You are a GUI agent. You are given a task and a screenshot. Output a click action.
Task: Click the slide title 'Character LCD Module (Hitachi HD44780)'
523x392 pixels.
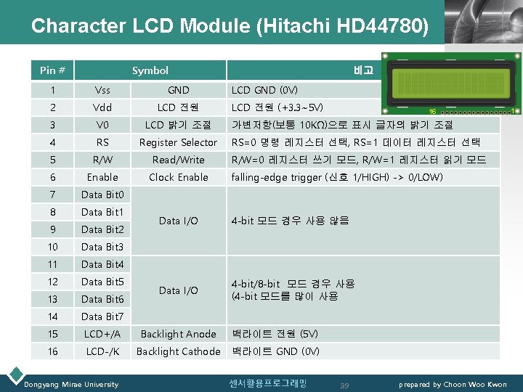(x=230, y=26)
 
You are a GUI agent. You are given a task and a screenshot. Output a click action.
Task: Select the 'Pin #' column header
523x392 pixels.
(x=52, y=70)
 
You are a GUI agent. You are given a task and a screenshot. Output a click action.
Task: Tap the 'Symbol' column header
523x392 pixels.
(x=150, y=70)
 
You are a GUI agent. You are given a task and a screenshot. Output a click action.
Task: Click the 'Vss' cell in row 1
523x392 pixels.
(x=102, y=90)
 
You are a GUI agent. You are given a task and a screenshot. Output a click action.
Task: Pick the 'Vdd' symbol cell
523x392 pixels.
(x=102, y=107)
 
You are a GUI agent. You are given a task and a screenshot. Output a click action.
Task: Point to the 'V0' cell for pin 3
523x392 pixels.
(x=102, y=125)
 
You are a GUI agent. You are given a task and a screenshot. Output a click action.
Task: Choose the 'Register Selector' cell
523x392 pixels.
(x=178, y=142)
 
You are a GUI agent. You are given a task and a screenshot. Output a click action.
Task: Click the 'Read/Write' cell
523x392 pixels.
(x=178, y=160)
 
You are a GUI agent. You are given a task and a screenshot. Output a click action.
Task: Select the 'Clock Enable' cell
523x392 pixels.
(x=178, y=177)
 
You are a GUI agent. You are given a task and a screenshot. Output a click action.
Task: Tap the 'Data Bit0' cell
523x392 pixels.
(x=102, y=195)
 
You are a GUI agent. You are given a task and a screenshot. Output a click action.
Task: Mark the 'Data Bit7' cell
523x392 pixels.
(x=102, y=317)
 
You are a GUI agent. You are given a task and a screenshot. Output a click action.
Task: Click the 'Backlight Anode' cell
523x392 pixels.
(x=178, y=334)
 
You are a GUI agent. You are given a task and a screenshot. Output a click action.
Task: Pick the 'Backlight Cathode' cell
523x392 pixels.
(x=178, y=351)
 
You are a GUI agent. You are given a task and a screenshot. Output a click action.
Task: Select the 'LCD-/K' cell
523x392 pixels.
(x=102, y=351)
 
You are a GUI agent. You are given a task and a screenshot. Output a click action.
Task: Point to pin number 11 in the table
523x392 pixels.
(x=52, y=264)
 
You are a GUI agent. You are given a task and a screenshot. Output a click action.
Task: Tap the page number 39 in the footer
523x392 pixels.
(x=345, y=384)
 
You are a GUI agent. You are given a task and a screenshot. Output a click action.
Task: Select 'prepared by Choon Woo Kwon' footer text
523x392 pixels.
(x=453, y=384)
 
